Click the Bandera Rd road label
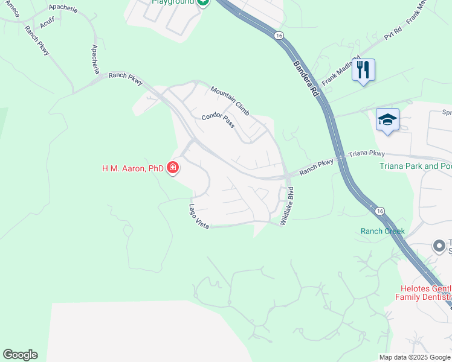tap(306, 78)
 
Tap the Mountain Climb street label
tap(230, 101)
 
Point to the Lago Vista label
tap(199, 216)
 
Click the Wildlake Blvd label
tap(290, 206)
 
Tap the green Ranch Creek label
tap(383, 231)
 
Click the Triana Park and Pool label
tap(415, 166)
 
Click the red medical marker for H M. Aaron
tap(173, 168)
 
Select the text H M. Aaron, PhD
tap(133, 168)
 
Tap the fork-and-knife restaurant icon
tap(363, 69)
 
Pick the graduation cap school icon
tap(387, 119)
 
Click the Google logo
tap(20, 355)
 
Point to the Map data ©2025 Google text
tap(415, 357)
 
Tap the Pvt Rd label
tap(393, 33)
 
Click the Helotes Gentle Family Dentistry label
tap(424, 293)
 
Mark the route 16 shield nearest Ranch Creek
tap(379, 211)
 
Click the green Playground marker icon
tap(203, 2)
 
